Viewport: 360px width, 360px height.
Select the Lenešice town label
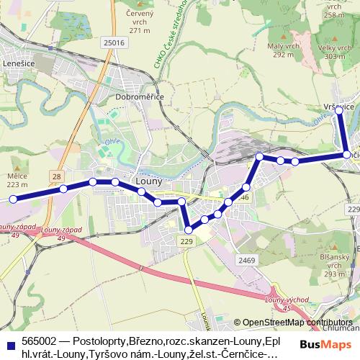[19, 63]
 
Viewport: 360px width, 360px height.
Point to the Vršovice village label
[338, 106]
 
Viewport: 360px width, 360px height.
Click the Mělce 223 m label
[17, 180]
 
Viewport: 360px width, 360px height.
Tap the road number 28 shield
[56, 176]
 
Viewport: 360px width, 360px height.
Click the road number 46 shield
[245, 197]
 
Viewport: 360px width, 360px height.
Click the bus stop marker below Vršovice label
[340, 110]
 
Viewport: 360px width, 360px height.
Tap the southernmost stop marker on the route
[189, 230]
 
